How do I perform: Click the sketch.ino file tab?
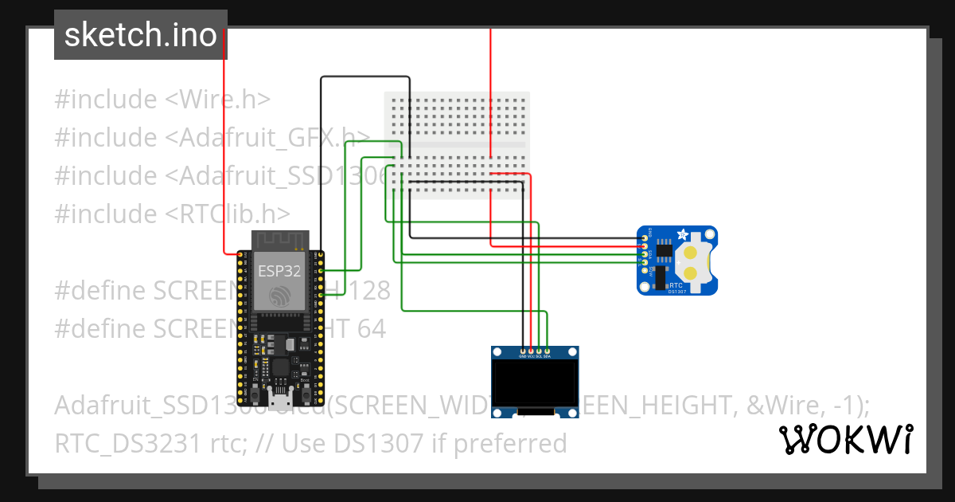pyautogui.click(x=140, y=35)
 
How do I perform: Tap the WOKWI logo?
pyautogui.click(x=845, y=439)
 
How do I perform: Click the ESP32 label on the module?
pyautogui.click(x=279, y=270)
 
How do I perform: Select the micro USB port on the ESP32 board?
pyautogui.click(x=279, y=396)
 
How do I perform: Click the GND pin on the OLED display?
pyautogui.click(x=523, y=351)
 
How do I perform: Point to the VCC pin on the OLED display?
pyautogui.click(x=531, y=351)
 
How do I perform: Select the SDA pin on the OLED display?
pyautogui.click(x=547, y=351)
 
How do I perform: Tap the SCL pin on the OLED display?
pyautogui.click(x=539, y=351)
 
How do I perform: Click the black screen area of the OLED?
pyautogui.click(x=535, y=384)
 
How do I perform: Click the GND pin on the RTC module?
pyautogui.click(x=643, y=237)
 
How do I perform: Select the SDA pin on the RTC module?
pyautogui.click(x=643, y=261)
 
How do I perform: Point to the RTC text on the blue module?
pyautogui.click(x=676, y=283)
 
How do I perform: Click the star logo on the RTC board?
pyautogui.click(x=681, y=235)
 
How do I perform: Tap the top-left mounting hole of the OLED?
pyautogui.click(x=497, y=351)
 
